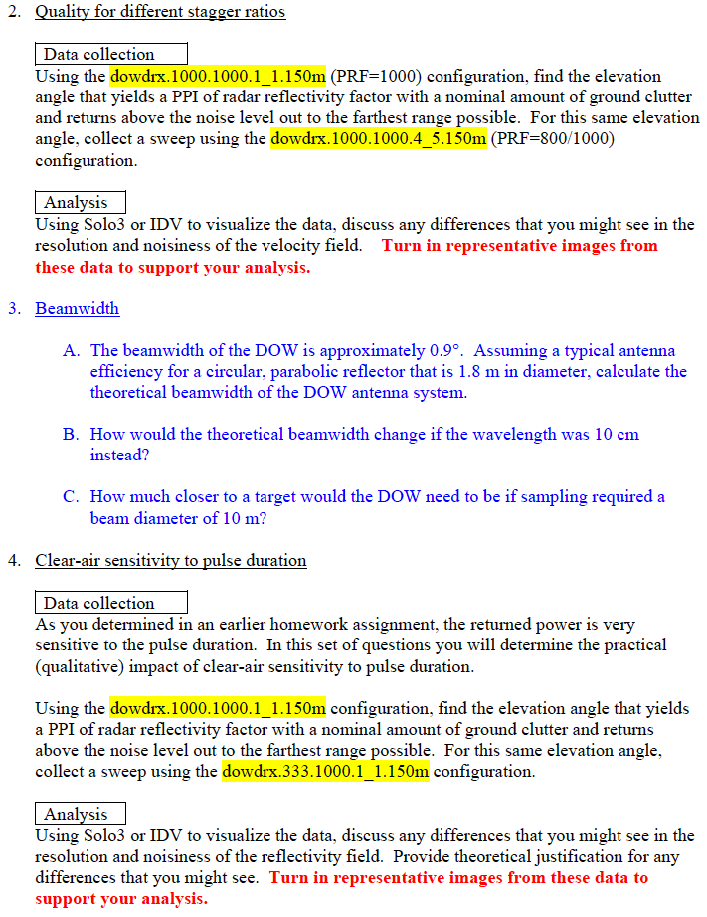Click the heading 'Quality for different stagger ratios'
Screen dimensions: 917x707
point(160,12)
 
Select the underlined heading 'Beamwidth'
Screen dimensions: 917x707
point(77,308)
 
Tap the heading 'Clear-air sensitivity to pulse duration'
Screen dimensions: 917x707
point(171,560)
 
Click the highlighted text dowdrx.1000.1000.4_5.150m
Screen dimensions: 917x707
point(378,138)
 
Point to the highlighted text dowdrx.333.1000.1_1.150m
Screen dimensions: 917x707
point(326,771)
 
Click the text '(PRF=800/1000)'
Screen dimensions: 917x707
point(552,138)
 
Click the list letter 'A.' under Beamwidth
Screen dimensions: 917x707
point(71,350)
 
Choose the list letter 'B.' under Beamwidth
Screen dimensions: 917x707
point(71,434)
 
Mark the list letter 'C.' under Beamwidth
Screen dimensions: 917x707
point(71,496)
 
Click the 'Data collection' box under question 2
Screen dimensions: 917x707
point(110,54)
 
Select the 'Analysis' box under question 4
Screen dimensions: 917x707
point(80,814)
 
